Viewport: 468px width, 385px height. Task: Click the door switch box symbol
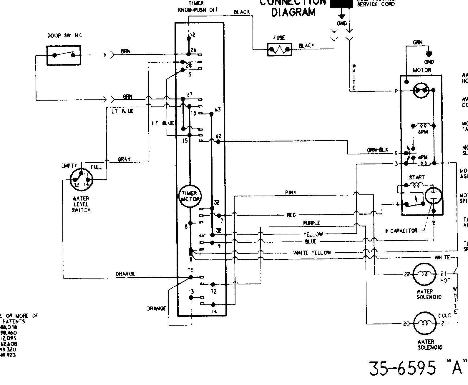[x=64, y=55]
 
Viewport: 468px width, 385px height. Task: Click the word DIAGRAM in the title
[x=293, y=13]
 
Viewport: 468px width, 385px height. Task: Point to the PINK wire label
[x=290, y=192]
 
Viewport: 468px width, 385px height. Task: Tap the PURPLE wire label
[x=311, y=223]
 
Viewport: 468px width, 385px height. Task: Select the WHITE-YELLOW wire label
[x=312, y=253]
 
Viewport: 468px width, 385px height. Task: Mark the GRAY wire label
[x=124, y=159]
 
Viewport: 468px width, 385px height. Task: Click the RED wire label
[x=291, y=215]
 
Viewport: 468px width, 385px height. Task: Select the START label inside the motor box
[x=416, y=177]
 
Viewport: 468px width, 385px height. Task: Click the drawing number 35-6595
[x=402, y=368]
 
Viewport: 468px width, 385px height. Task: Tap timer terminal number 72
[x=214, y=291]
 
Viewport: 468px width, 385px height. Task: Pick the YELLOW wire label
[x=313, y=234]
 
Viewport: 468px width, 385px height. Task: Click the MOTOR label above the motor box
[x=422, y=70]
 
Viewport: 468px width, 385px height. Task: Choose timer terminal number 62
[x=218, y=136]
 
